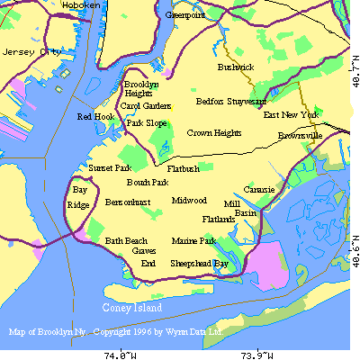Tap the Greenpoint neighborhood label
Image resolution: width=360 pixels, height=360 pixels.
pyautogui.click(x=184, y=15)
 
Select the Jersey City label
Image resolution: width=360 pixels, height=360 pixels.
pyautogui.click(x=24, y=52)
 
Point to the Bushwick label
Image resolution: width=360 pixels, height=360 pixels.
pyautogui.click(x=236, y=67)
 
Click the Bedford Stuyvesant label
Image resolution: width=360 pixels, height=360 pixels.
pyautogui.click(x=231, y=102)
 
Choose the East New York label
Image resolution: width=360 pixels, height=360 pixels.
pyautogui.click(x=291, y=115)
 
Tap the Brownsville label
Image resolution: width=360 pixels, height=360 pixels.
pyautogui.click(x=300, y=135)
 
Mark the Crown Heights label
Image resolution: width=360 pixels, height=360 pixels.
pyautogui.click(x=214, y=133)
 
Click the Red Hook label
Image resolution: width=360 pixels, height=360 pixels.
pyautogui.click(x=95, y=117)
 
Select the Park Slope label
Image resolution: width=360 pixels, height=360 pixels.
pyautogui.click(x=146, y=123)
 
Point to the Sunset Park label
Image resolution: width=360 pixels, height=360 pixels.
pyautogui.click(x=110, y=168)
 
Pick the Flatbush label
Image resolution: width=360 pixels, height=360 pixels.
pyautogui.click(x=184, y=169)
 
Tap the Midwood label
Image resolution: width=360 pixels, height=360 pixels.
pyautogui.click(x=189, y=201)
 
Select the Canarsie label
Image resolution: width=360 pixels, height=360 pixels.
pyautogui.click(x=259, y=191)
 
